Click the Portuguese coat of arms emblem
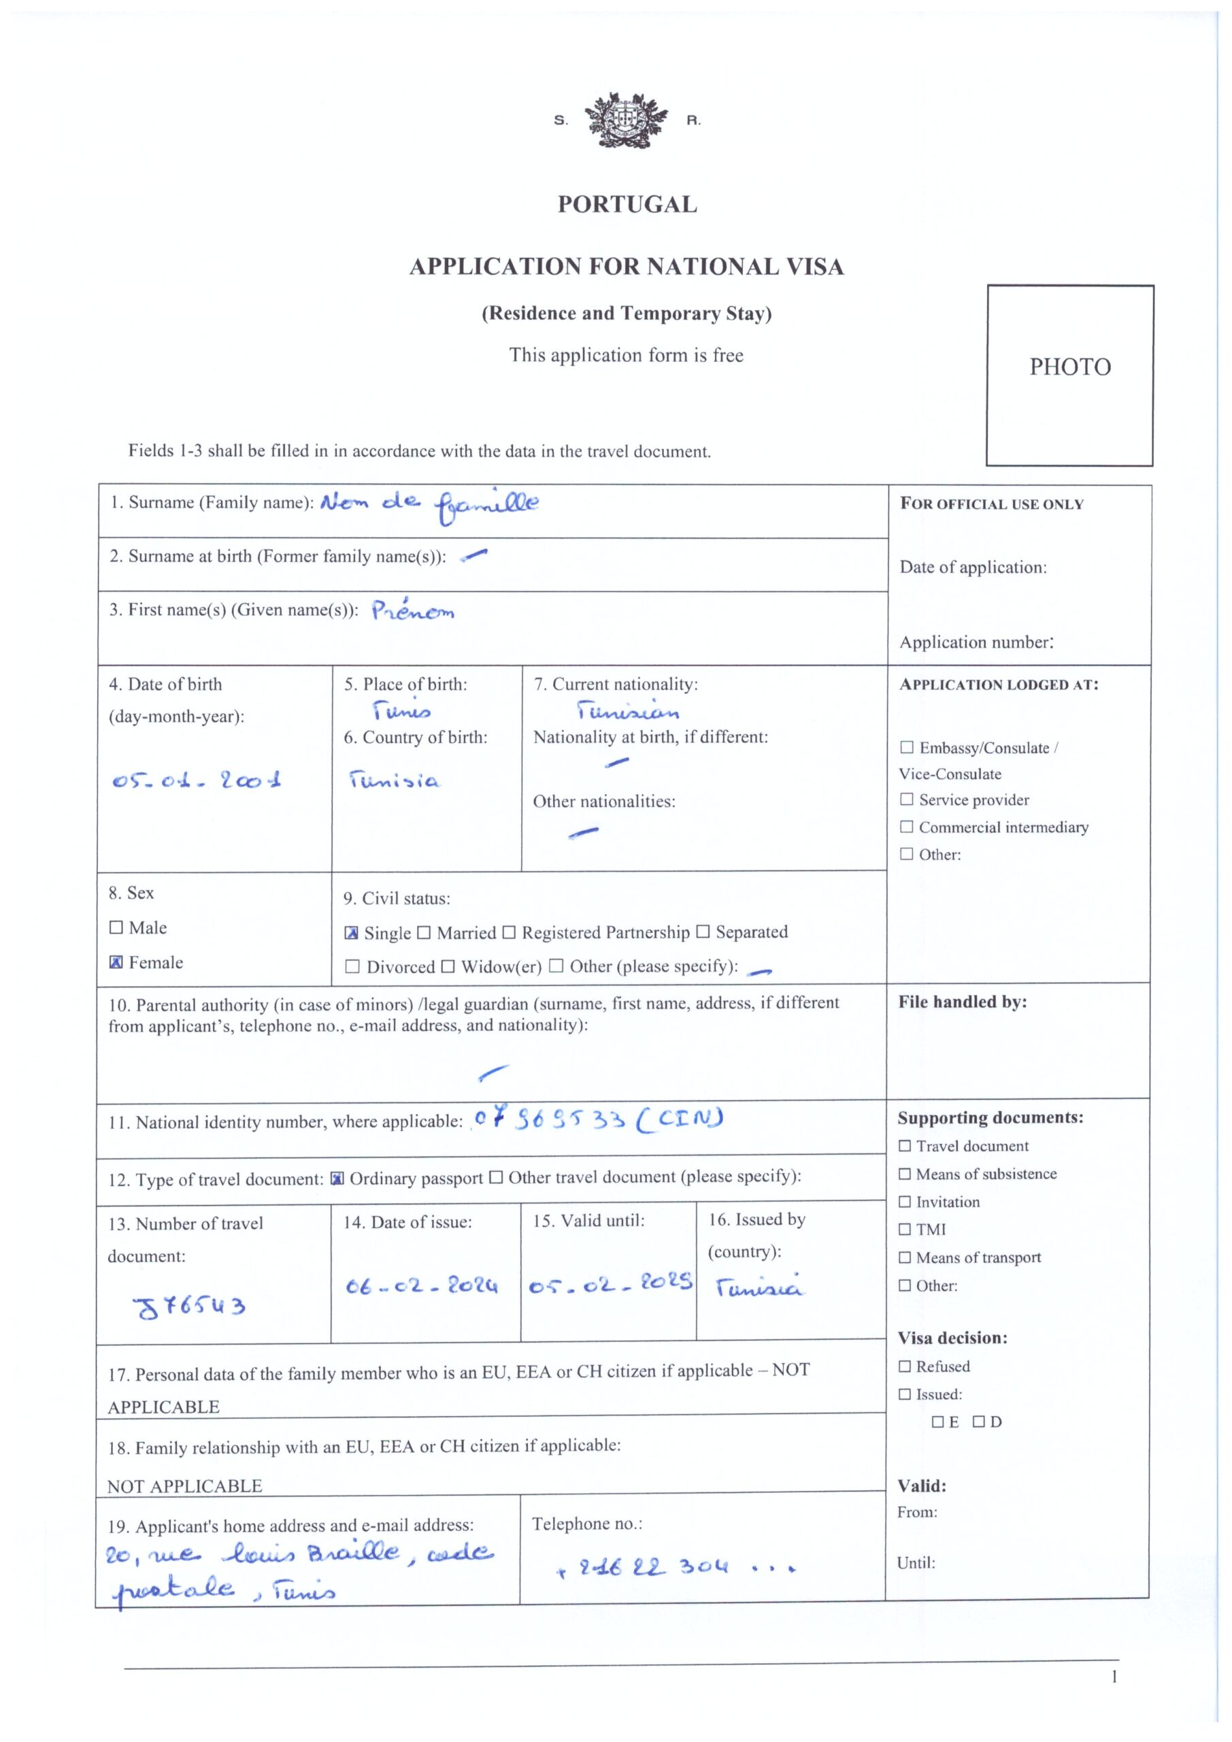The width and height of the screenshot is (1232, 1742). (x=626, y=120)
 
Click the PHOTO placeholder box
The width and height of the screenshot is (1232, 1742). (x=1069, y=375)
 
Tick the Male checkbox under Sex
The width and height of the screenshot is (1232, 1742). (x=116, y=927)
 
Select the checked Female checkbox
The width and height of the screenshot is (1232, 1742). (x=116, y=962)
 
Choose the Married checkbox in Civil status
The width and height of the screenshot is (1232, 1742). (x=424, y=932)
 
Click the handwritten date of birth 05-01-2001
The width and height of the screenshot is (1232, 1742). (x=197, y=780)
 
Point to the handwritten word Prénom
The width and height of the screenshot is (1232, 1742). (x=413, y=611)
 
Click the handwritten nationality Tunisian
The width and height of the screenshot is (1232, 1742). (x=627, y=711)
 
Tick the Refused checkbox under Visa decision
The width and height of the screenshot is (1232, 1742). (x=905, y=1366)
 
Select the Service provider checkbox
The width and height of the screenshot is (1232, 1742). (x=907, y=800)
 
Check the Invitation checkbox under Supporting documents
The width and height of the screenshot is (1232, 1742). (x=905, y=1202)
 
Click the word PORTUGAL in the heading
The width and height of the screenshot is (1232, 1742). (x=627, y=205)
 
